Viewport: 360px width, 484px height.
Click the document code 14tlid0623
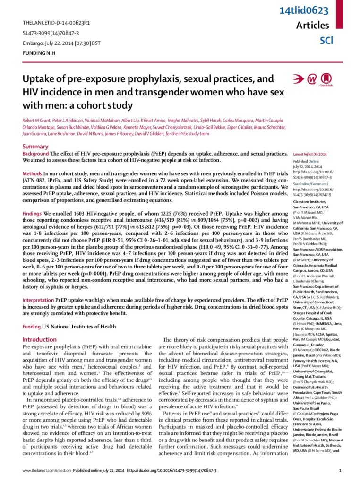coord(310,10)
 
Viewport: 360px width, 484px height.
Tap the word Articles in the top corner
coord(312,25)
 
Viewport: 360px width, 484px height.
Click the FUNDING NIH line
coord(39,53)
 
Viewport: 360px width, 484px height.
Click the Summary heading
coord(35,147)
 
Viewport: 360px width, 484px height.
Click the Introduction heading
coord(39,339)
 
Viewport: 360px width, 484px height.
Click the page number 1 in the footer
coord(341,475)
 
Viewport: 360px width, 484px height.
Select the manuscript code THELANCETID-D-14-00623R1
coord(57,23)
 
